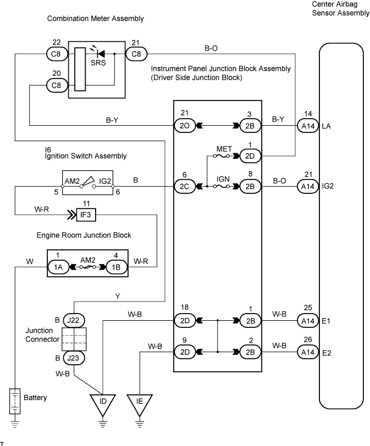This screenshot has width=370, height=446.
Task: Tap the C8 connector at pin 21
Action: point(136,54)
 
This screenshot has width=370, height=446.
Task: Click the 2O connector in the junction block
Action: point(184,126)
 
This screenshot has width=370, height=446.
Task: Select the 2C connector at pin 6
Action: point(184,187)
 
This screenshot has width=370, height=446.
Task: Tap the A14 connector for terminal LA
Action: point(308,126)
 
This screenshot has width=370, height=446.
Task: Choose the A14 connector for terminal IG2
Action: point(308,187)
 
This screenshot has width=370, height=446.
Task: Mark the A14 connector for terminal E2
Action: point(308,350)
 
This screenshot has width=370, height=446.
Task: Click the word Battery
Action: point(36,397)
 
